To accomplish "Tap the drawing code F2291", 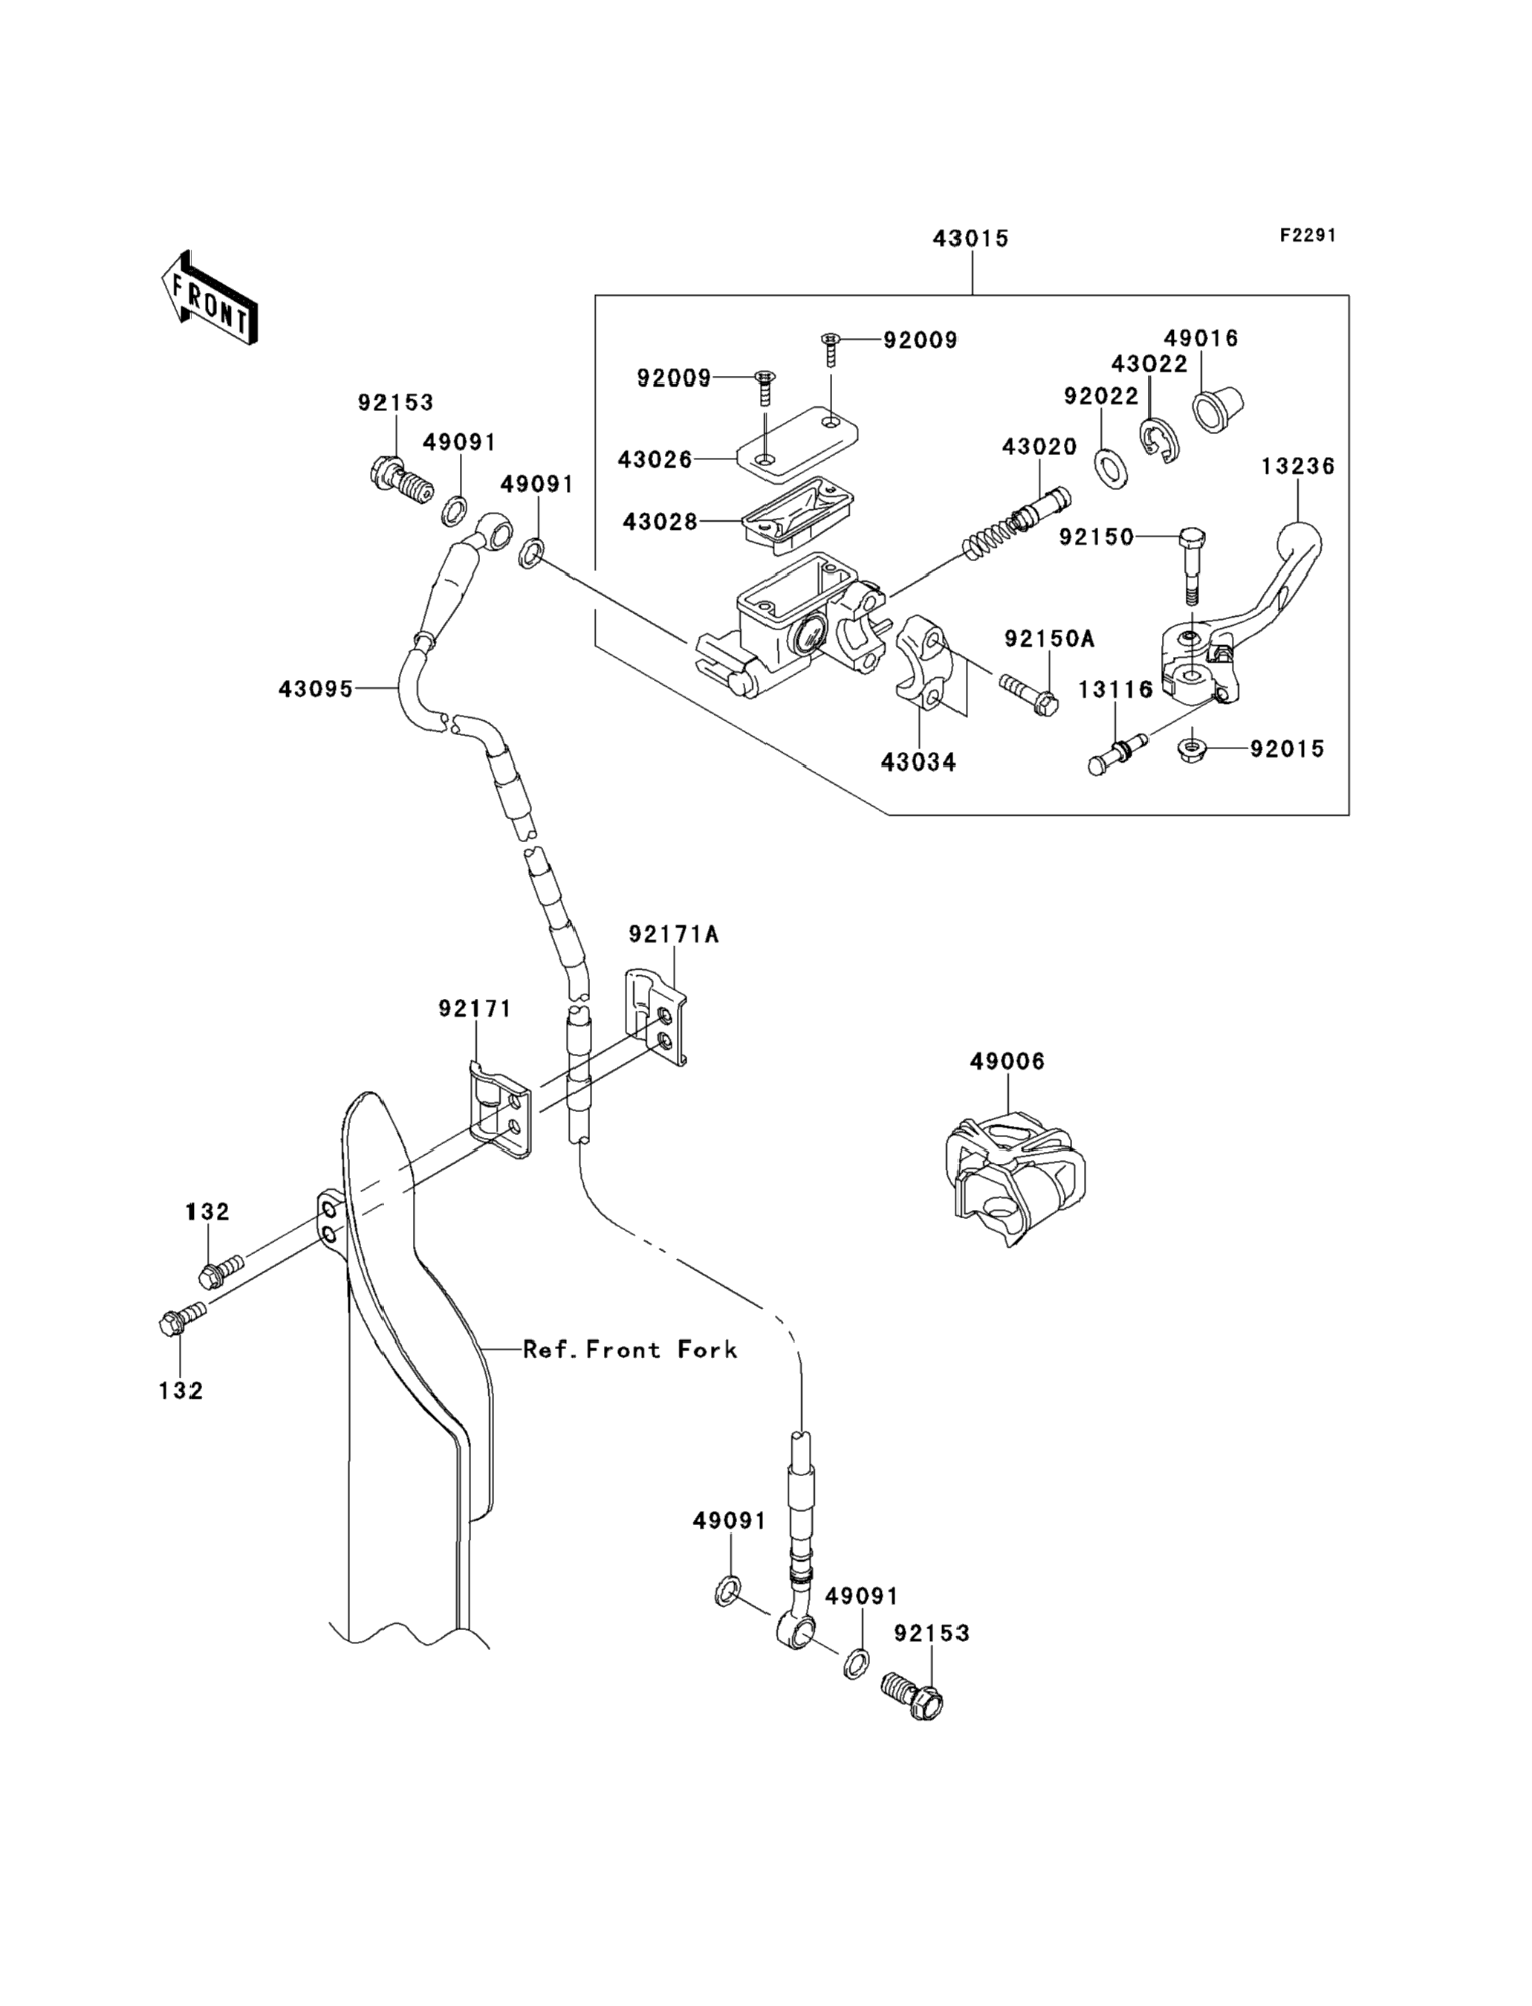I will [1307, 236].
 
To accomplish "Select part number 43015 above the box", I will [970, 239].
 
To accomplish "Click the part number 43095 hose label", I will [316, 690].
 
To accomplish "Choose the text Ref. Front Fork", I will [629, 1349].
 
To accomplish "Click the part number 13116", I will [1115, 690].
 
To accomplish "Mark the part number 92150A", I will [1048, 638].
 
